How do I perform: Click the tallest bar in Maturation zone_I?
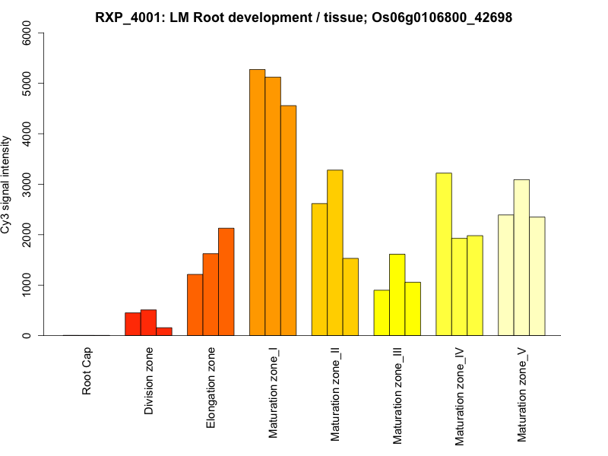pyautogui.click(x=257, y=202)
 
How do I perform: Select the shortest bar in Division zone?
pyautogui.click(x=164, y=331)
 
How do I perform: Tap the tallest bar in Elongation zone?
pyautogui.click(x=226, y=281)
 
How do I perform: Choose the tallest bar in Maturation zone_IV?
pyautogui.click(x=444, y=254)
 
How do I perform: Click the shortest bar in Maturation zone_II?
pyautogui.click(x=350, y=296)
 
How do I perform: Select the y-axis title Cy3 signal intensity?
pyautogui.click(x=7, y=184)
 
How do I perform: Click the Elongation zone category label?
pyautogui.click(x=211, y=388)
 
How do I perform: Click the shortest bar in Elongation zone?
pyautogui.click(x=195, y=305)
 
